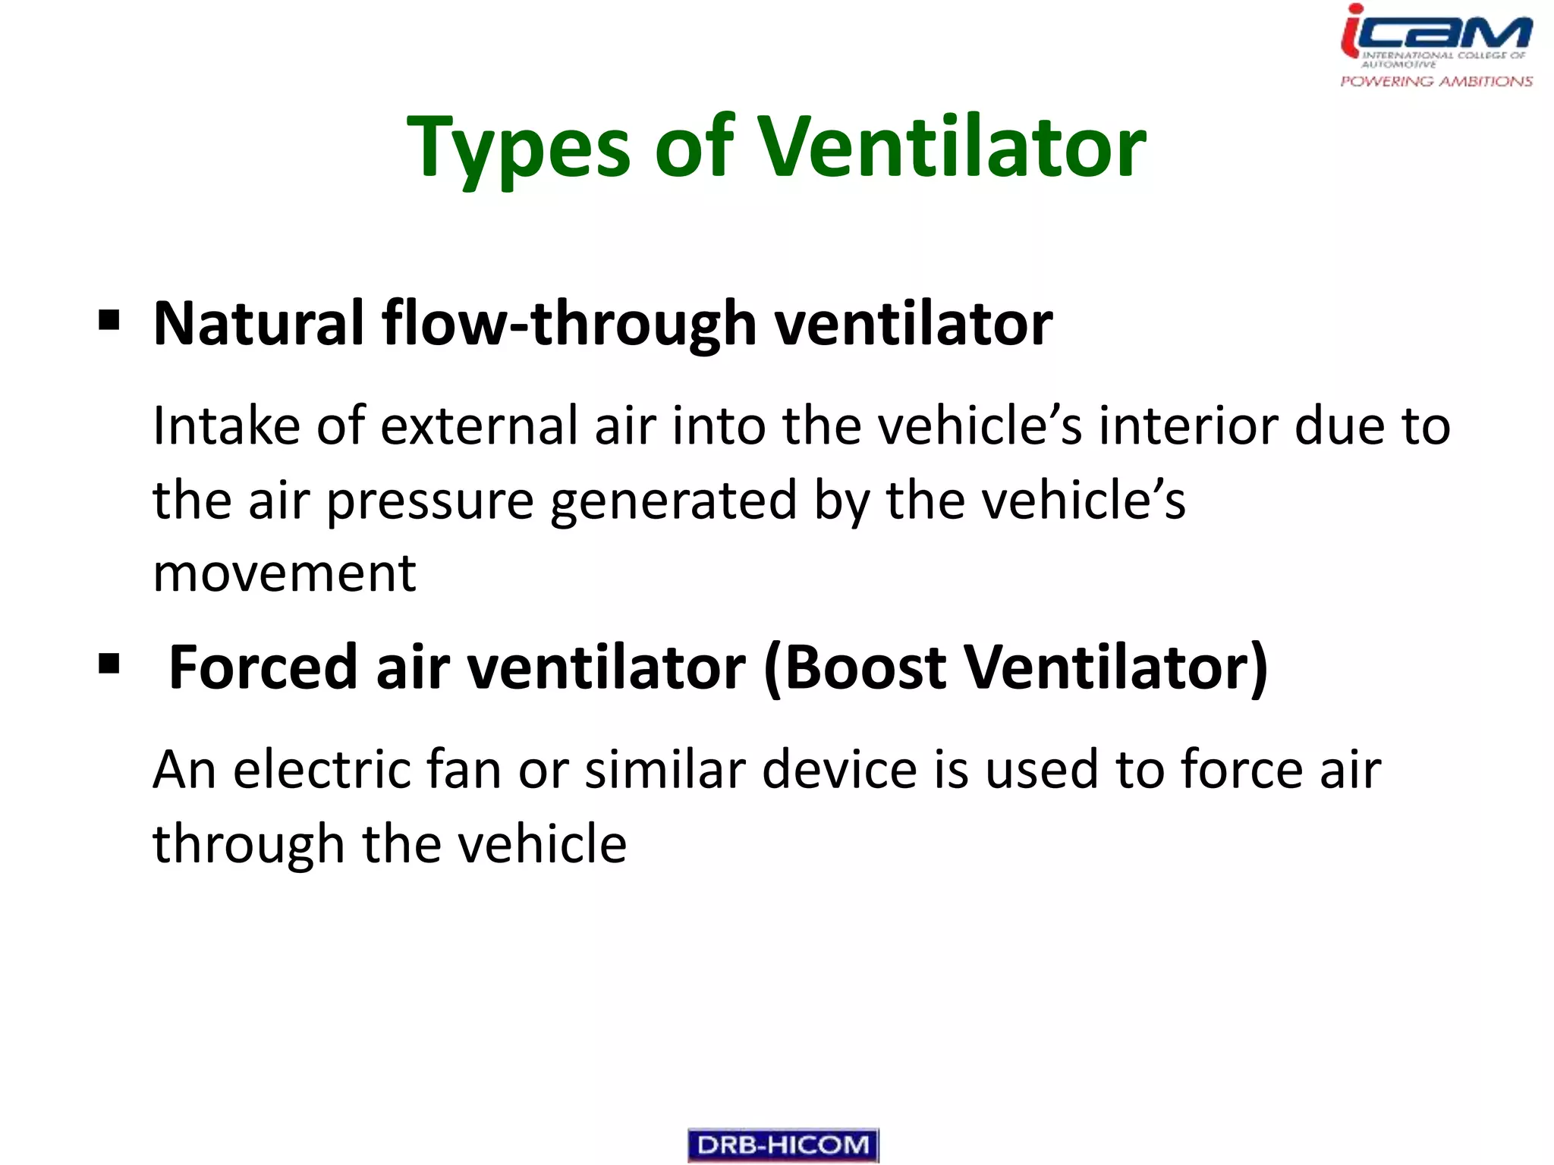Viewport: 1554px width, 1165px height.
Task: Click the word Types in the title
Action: pyautogui.click(x=518, y=148)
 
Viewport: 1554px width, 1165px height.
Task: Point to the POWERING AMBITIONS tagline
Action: pyautogui.click(x=1436, y=81)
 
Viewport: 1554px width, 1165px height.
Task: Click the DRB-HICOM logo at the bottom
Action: pyautogui.click(x=783, y=1145)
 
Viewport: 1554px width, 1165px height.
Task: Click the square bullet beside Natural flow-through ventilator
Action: pyautogui.click(x=109, y=321)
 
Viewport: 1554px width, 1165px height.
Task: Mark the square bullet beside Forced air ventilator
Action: pyautogui.click(x=109, y=664)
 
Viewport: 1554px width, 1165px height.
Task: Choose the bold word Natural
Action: pyautogui.click(x=259, y=324)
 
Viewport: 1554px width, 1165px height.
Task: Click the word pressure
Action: pyautogui.click(x=430, y=502)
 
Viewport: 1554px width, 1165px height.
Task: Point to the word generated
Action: pyautogui.click(x=673, y=502)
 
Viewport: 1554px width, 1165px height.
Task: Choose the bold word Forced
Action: pyautogui.click(x=263, y=667)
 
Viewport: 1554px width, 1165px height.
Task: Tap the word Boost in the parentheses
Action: pyautogui.click(x=865, y=667)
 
